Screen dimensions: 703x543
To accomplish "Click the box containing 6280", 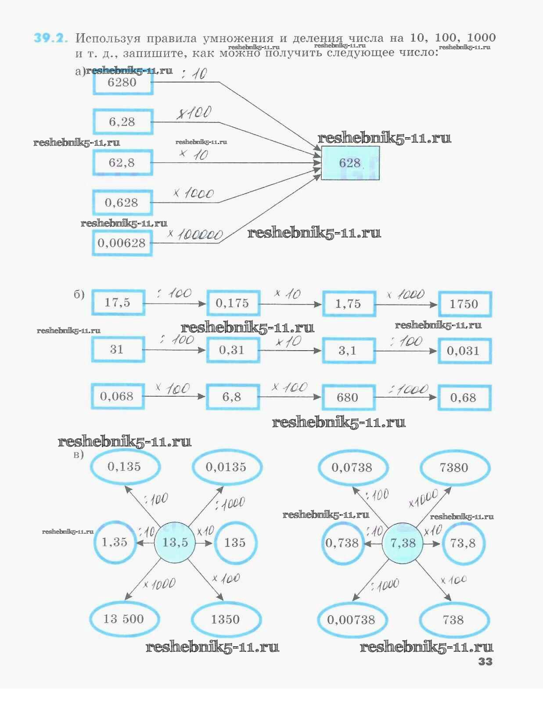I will point(122,82).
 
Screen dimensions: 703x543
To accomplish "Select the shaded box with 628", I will point(350,163).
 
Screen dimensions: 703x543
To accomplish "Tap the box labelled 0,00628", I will point(122,243).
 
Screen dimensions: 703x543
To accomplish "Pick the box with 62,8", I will point(122,163).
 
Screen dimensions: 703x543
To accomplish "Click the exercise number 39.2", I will point(51,38).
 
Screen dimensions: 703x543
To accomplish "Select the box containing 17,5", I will point(118,302).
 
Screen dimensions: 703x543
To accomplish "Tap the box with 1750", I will point(464,304).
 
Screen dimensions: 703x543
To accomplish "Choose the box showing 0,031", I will point(464,351).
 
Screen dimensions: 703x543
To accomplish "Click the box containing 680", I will point(348,398).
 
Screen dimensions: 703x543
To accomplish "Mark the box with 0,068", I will point(117,397).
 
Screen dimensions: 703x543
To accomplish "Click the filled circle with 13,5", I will point(175,542).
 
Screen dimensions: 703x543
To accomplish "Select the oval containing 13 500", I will point(124,619).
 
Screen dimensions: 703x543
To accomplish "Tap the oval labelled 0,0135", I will point(227,467).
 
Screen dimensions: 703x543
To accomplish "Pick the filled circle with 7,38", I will point(403,543).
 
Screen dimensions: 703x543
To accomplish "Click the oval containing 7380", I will point(454,468).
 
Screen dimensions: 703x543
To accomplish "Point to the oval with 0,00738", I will point(352,620).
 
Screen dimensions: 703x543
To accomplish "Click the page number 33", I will point(485,661).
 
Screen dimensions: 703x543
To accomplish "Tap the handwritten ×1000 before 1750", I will point(406,294).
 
